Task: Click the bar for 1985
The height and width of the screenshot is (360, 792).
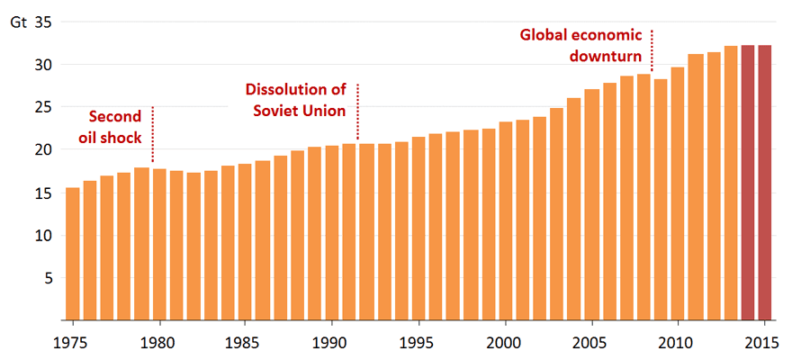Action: point(246,242)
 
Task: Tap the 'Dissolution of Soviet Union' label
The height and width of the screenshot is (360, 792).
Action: point(296,100)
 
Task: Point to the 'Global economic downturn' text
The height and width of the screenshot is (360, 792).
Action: point(581,44)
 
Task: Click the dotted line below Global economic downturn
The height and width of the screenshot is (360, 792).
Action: point(652,50)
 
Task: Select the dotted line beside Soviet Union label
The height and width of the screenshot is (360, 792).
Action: point(358,112)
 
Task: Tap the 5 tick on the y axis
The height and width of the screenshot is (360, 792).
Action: point(48,278)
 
